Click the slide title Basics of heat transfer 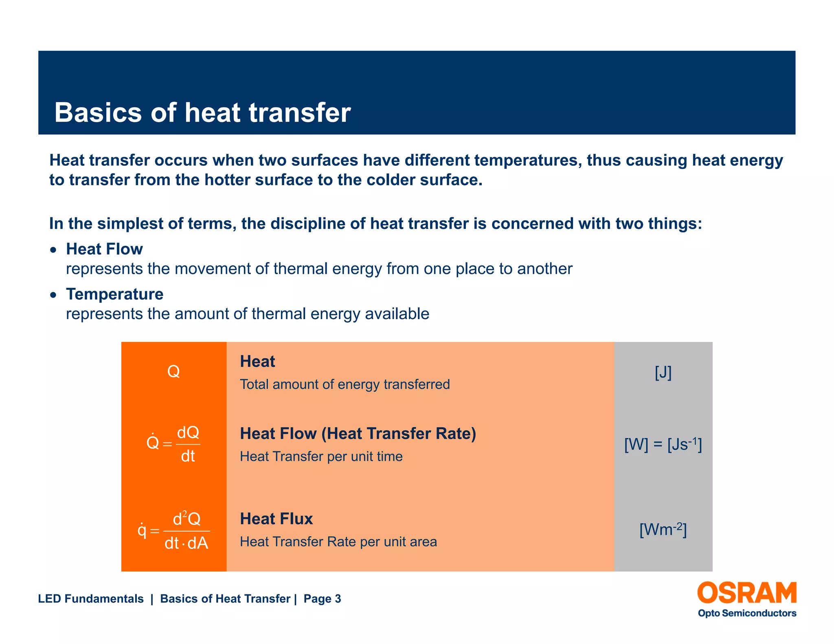[202, 112]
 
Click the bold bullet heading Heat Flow [104, 249]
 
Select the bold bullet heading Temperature [114, 294]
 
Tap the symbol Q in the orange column [173, 371]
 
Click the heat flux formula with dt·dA [174, 531]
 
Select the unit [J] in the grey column [663, 372]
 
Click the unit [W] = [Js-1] [663, 445]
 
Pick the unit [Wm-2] [663, 530]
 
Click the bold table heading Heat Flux [276, 519]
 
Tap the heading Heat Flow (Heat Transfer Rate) [358, 434]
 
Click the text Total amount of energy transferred [345, 384]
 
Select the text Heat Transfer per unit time [321, 456]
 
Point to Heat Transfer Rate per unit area [338, 542]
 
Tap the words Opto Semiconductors [747, 613]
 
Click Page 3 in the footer [322, 599]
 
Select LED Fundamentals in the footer [91, 599]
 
